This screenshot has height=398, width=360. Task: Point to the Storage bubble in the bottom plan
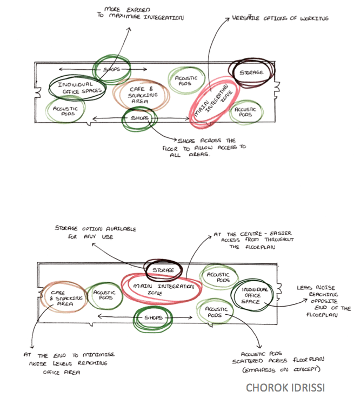click(x=163, y=269)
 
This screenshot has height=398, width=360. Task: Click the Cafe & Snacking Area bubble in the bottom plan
click(x=62, y=298)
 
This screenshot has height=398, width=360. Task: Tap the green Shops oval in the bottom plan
click(x=154, y=319)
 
